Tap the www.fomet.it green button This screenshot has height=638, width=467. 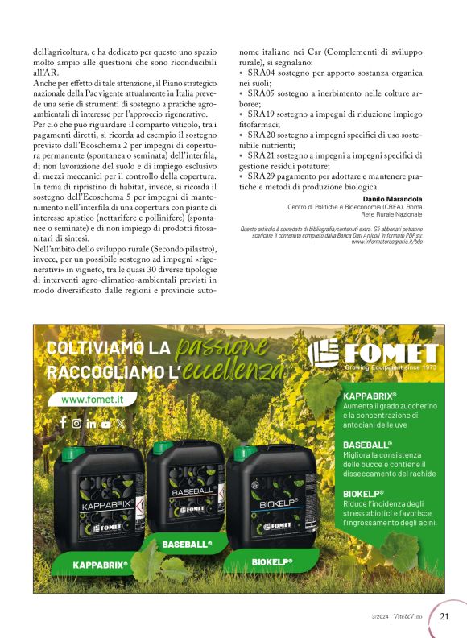tap(88, 399)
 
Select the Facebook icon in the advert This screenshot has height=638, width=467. tap(64, 422)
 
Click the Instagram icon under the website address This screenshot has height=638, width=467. tap(77, 423)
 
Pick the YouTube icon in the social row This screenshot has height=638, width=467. tap(106, 423)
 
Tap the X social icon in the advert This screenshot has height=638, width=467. tap(121, 423)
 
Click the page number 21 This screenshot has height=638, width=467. tap(444, 617)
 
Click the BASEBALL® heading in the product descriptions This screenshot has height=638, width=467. tap(367, 445)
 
